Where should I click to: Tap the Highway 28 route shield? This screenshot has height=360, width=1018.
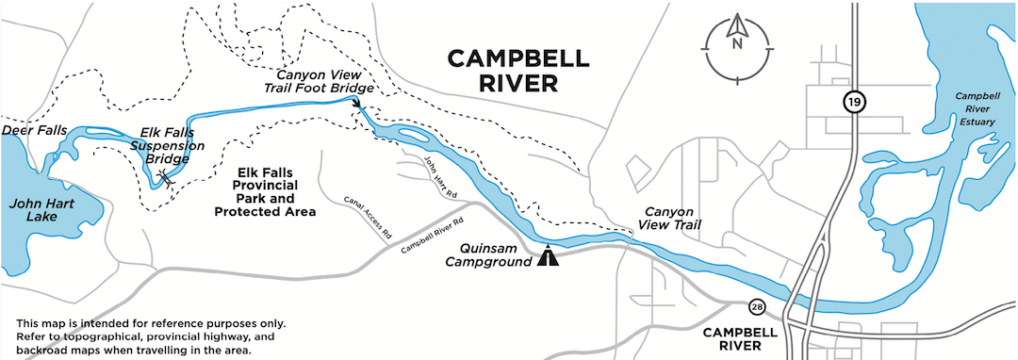coord(757,307)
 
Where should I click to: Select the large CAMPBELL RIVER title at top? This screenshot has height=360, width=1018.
coord(517,71)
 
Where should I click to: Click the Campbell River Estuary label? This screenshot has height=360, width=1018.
coord(978,108)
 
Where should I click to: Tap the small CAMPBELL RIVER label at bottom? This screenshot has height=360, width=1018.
coord(740,339)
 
